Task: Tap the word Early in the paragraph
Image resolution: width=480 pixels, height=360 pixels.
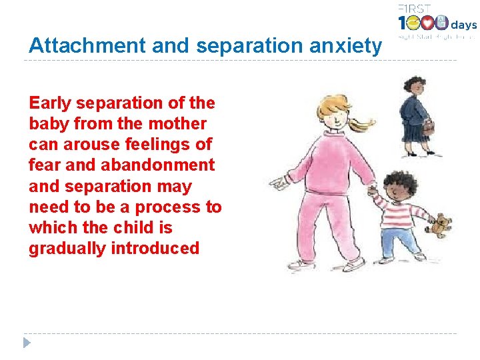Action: click(51, 103)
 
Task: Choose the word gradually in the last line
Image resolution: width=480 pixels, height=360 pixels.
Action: click(67, 249)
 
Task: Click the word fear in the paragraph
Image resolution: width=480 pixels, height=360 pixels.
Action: click(43, 165)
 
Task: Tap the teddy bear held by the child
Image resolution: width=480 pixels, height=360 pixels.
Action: click(440, 225)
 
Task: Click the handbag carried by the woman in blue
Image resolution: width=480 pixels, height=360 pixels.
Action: click(428, 126)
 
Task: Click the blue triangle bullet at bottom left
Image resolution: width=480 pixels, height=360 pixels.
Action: click(27, 343)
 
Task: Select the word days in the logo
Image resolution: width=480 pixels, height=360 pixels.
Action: click(463, 25)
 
